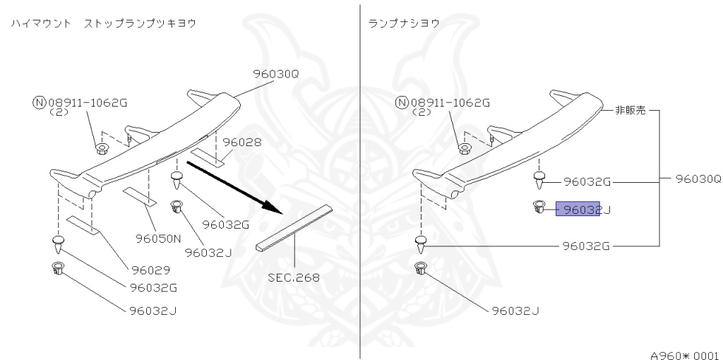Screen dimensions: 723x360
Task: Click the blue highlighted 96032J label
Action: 578,209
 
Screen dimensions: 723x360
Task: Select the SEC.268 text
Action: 293,277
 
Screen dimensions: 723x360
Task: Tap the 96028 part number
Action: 242,142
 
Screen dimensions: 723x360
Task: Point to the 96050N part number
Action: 159,239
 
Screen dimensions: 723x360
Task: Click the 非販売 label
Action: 626,110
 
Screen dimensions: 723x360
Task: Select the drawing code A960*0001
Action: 684,351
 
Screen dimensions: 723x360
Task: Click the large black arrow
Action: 233,188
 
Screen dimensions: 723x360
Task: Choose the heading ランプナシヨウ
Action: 405,23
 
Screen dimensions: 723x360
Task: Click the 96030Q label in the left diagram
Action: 276,73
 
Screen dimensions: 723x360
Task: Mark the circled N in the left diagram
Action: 39,102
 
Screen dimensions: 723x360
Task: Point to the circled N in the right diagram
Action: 402,102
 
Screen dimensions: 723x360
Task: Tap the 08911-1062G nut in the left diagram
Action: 102,149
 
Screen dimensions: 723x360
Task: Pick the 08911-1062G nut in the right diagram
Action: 464,149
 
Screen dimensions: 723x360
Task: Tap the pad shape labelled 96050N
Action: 140,195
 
